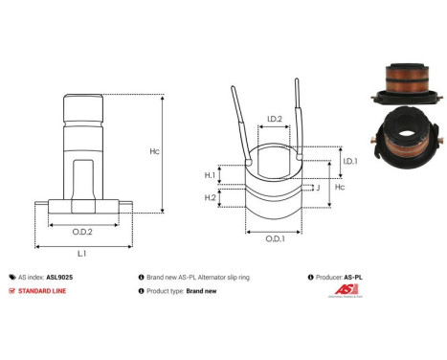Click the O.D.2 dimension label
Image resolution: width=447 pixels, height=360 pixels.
pos(82,231)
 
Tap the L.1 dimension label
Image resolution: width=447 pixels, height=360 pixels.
pos(82,253)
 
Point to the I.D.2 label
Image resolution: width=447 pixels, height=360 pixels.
pos(273,120)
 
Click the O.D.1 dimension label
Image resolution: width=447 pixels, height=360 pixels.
pos(275,238)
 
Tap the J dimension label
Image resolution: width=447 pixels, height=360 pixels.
pos(317,189)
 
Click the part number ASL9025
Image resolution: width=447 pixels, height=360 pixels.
pos(59,276)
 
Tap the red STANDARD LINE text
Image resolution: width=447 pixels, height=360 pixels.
pos(45,291)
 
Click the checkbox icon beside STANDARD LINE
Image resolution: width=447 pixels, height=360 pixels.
pos(11,291)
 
